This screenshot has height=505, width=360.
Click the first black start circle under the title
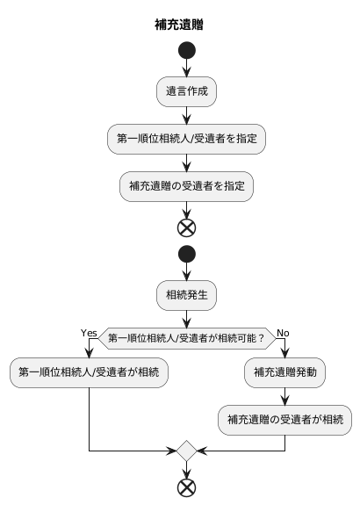(186, 50)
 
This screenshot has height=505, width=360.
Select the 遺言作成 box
(186, 90)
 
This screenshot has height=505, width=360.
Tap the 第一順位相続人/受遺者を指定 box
(186, 138)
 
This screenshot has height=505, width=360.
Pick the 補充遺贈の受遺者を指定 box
(186, 185)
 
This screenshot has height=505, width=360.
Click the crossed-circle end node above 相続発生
(186, 227)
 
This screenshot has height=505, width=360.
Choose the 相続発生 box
(186, 294)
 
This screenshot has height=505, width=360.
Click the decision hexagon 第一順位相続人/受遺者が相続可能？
(186, 337)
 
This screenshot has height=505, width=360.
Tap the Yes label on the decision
(89, 333)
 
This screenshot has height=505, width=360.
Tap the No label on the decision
(283, 333)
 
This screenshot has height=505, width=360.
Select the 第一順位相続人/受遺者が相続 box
(89, 372)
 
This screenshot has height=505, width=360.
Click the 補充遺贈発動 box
(284, 372)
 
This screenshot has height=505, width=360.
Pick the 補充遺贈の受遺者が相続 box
(284, 419)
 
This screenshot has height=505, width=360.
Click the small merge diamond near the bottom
(186, 451)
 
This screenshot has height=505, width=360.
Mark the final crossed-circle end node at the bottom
(186, 487)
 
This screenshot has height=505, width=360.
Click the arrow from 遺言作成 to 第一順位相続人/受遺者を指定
(186, 114)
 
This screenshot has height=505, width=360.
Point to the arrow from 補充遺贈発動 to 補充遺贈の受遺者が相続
(284, 395)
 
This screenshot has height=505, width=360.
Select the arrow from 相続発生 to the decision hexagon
(186, 317)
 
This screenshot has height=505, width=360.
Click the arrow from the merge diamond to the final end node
(186, 470)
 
